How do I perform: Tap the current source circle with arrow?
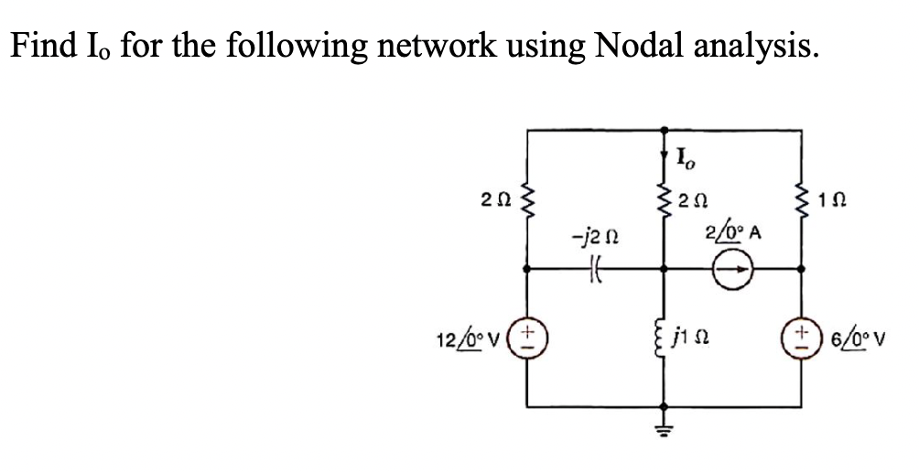pos(734,270)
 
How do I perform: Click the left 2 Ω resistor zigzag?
pos(526,199)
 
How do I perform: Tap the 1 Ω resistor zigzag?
pos(803,199)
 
